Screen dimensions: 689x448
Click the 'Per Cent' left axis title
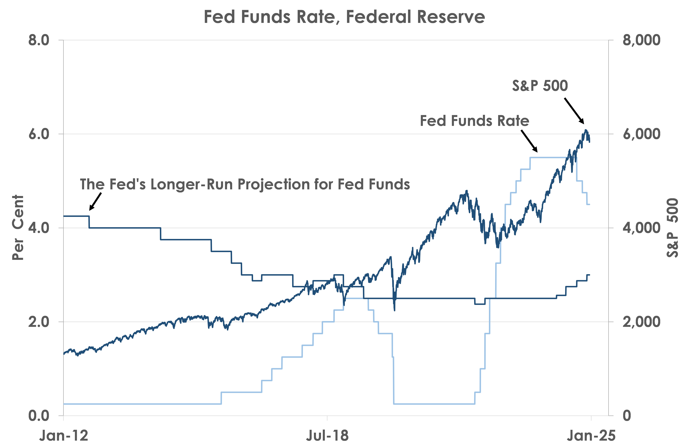18,228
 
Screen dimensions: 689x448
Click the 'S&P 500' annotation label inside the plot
540,86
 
